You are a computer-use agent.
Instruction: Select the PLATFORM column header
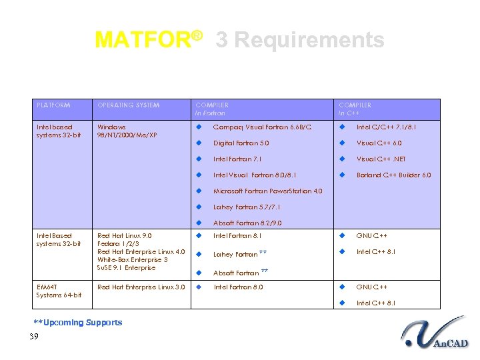coord(53,105)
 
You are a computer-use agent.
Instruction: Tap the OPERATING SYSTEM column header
coord(129,105)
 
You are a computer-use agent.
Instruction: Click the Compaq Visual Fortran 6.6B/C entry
coord(262,127)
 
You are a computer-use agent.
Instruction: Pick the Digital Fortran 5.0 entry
coord(241,143)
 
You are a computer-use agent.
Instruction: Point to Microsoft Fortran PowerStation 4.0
coord(267,191)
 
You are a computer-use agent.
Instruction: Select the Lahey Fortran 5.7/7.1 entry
coord(247,207)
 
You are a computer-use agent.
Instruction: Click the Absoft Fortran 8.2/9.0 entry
coord(247,223)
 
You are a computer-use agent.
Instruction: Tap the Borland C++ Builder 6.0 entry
coord(393,175)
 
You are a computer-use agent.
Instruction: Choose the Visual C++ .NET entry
coord(381,159)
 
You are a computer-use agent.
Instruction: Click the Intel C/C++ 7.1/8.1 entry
coord(387,127)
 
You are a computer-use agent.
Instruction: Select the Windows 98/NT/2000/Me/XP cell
coord(127,131)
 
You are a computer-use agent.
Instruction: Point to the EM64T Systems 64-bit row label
coord(59,291)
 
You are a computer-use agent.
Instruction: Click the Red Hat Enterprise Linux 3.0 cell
coord(141,287)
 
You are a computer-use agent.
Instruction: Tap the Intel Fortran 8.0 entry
coord(238,287)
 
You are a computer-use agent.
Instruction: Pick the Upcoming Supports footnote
coord(78,322)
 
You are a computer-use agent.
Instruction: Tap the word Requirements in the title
coord(300,40)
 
